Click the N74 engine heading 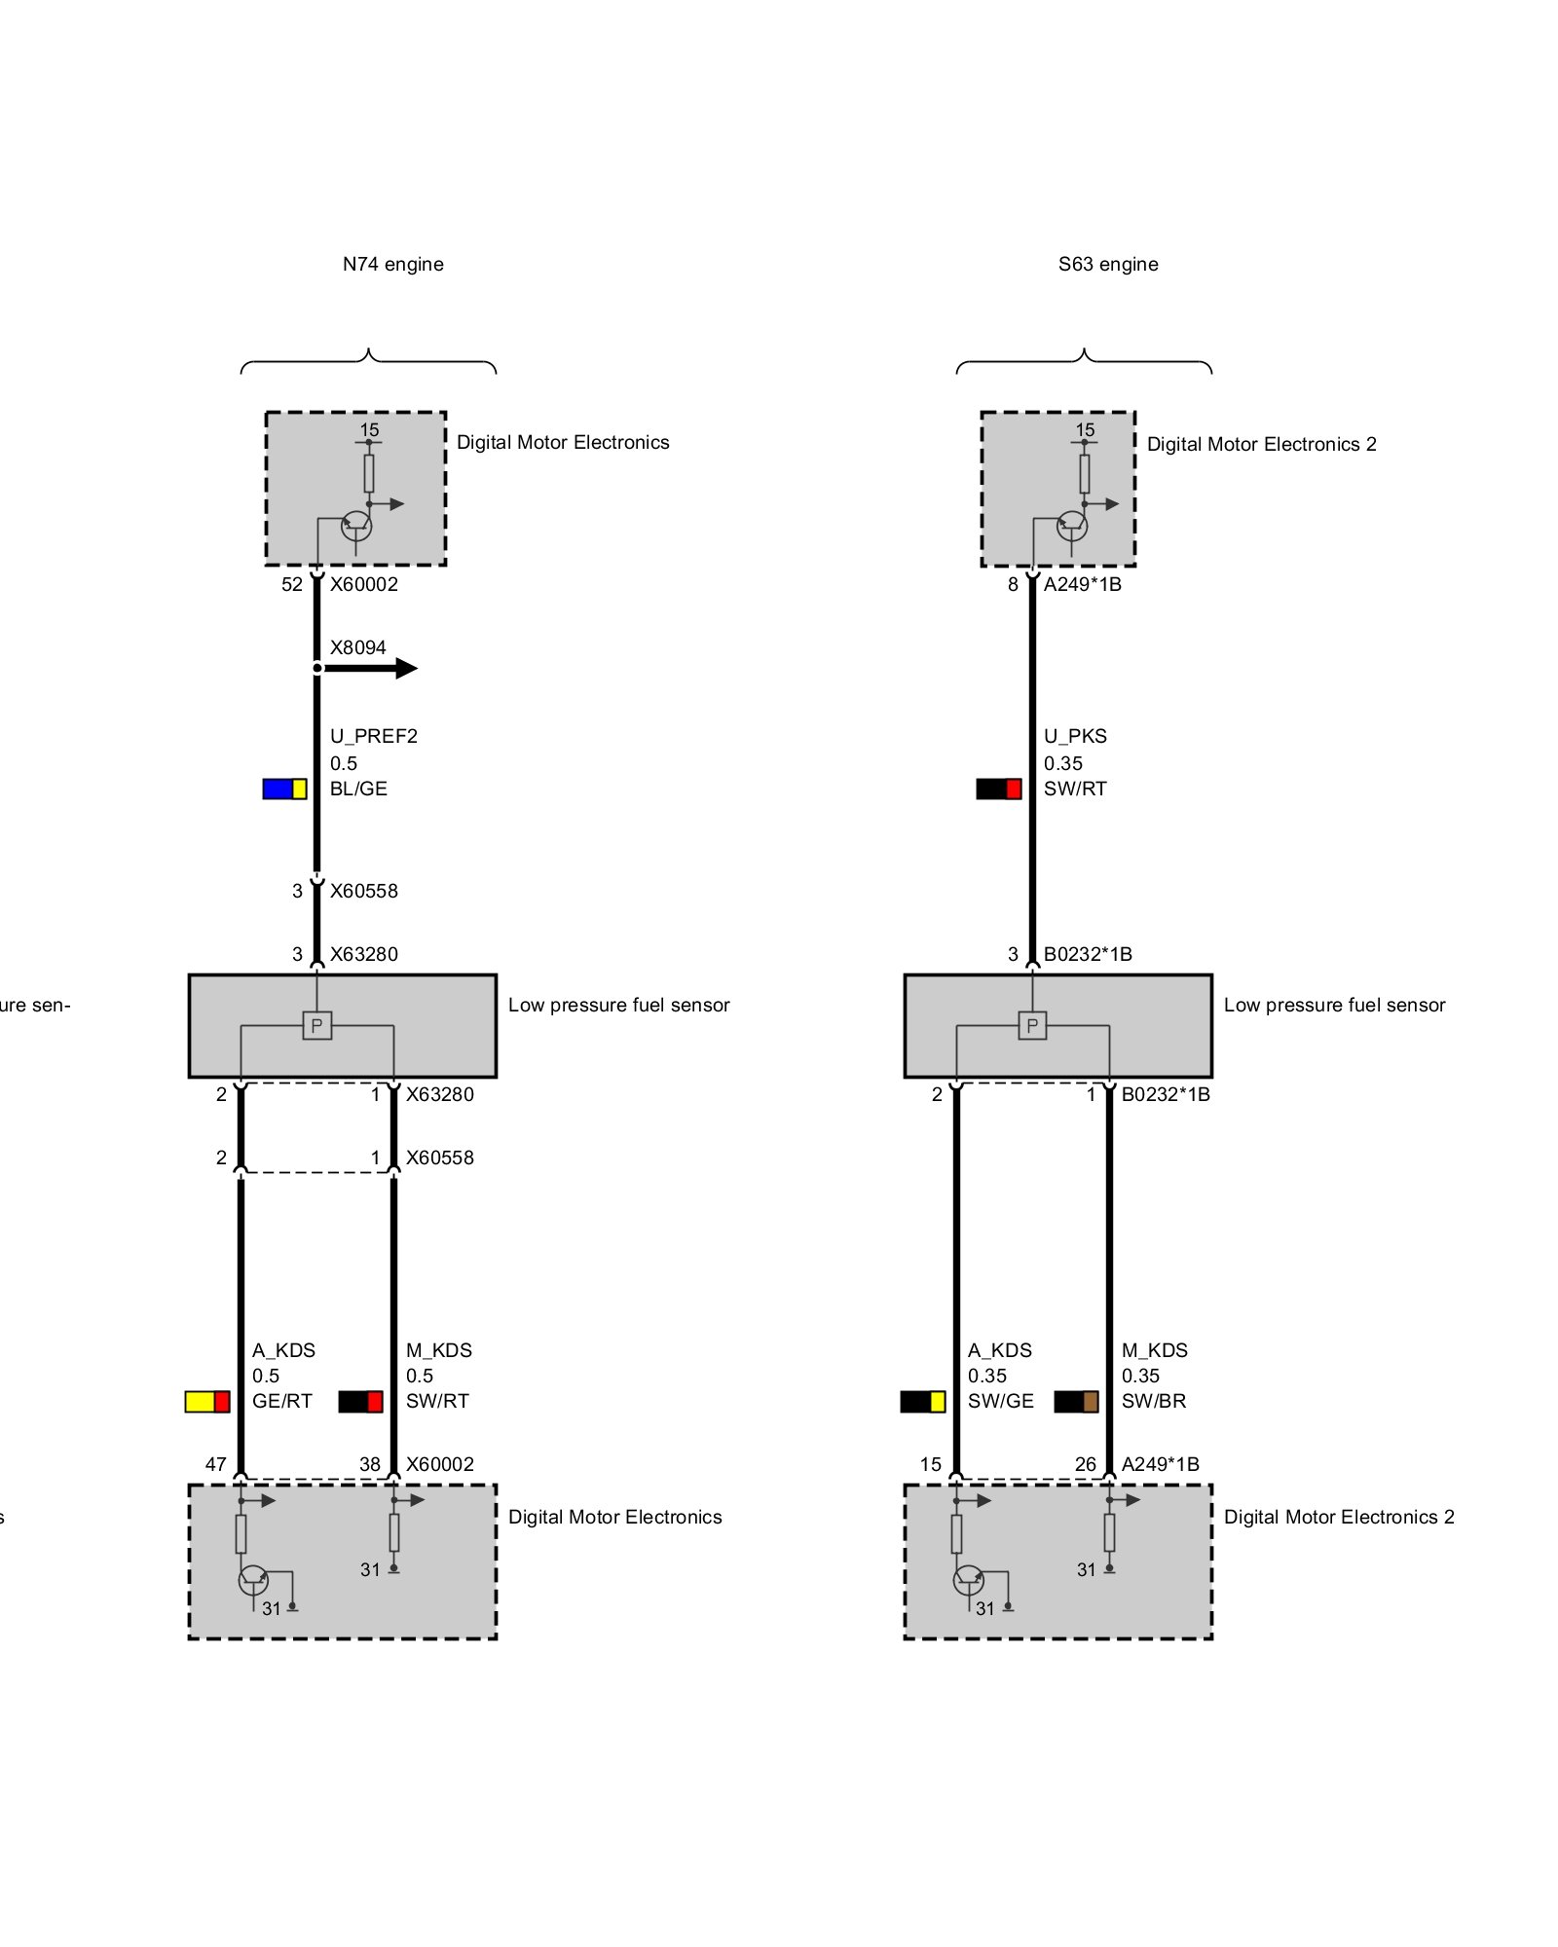click(392, 264)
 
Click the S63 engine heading click(1108, 264)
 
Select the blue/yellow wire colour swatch click(284, 789)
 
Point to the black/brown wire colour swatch click(1076, 1401)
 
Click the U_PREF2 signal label click(373, 736)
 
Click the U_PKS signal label click(1075, 736)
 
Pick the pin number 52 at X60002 click(292, 584)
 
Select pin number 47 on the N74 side click(215, 1464)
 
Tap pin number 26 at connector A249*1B click(1085, 1464)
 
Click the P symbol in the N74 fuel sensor click(316, 1025)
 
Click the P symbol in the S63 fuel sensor click(1032, 1025)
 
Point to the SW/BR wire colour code click(1153, 1401)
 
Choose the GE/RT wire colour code click(281, 1401)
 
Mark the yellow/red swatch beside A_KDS click(207, 1401)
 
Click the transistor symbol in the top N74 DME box click(356, 527)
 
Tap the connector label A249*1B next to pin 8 click(1082, 584)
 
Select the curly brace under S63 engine click(1084, 361)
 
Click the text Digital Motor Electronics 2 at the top click(1261, 444)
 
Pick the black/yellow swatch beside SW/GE click(922, 1401)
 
